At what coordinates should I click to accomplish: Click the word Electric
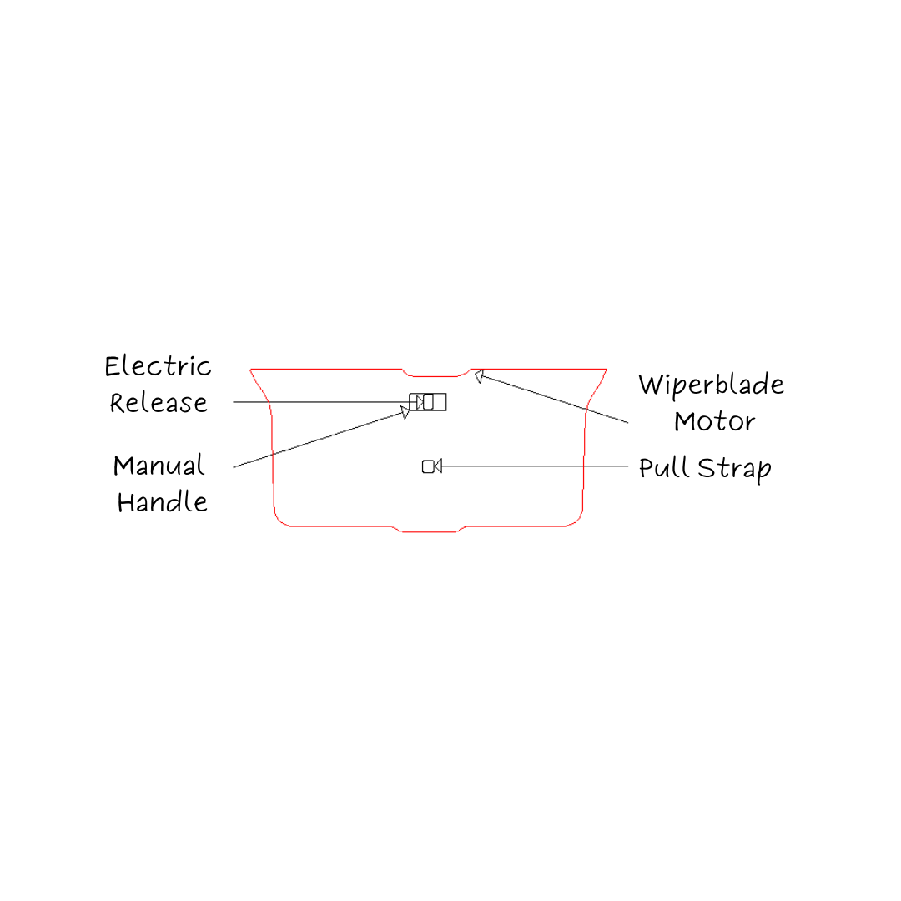tap(158, 366)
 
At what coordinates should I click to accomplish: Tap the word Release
tap(159, 403)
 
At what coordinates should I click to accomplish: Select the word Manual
tap(159, 466)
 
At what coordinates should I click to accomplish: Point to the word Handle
tap(162, 501)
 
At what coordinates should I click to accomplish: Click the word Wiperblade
tap(711, 385)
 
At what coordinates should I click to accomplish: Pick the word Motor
tap(714, 422)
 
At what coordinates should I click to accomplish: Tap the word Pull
tap(663, 467)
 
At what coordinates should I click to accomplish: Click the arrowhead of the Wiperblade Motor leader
tap(479, 376)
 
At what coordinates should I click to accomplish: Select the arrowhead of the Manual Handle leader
tap(405, 412)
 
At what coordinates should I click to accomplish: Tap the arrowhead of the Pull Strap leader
tap(438, 466)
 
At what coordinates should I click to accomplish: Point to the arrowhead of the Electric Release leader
tap(420, 401)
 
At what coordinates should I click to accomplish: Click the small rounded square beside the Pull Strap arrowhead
tap(428, 466)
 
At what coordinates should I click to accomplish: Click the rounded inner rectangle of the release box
tap(428, 401)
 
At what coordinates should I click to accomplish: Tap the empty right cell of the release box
tap(440, 401)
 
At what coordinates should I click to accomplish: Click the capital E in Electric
tap(113, 366)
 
